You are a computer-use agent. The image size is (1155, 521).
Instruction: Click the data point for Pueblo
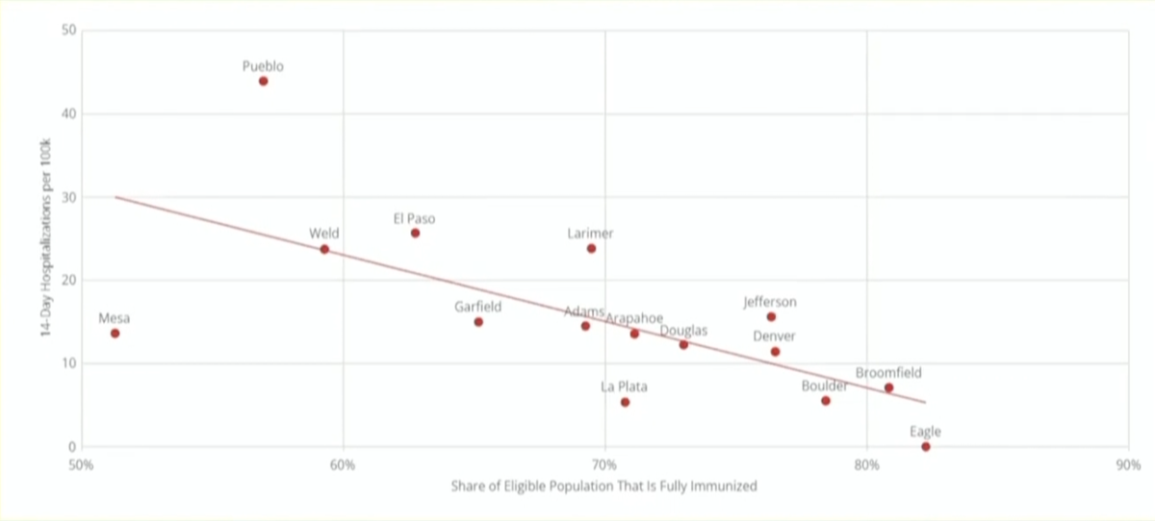coord(263,81)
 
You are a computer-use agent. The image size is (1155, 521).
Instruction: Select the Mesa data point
coord(115,334)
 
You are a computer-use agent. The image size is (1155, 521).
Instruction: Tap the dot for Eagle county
coord(925,447)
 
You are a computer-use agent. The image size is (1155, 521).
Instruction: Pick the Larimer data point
coord(591,248)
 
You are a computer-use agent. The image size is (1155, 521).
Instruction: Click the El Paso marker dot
coord(415,233)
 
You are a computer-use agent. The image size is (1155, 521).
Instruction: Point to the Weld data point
coord(324,249)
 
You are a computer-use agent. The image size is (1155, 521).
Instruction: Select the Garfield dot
coord(478,322)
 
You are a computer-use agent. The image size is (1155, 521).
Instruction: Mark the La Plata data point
coord(625,402)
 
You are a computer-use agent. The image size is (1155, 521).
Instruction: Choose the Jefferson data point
coord(771,316)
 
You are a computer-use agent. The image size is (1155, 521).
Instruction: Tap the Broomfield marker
coord(888,387)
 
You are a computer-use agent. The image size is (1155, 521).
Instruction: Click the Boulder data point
coord(825,400)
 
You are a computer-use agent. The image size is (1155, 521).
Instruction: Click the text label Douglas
coord(683,331)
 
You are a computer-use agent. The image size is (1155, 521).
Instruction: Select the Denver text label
coord(774,336)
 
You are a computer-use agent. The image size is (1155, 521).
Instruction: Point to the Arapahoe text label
coord(634,318)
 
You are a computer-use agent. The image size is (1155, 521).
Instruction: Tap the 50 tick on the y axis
coord(69,30)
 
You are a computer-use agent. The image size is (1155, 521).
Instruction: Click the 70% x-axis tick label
coord(604,465)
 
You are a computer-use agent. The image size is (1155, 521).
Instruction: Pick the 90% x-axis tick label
coord(1128,465)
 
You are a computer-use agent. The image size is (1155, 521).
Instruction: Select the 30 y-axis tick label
coord(69,197)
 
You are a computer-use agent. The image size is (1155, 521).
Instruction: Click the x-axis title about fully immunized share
coord(603,486)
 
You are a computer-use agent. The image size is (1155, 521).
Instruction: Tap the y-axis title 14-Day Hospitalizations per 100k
coord(45,237)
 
